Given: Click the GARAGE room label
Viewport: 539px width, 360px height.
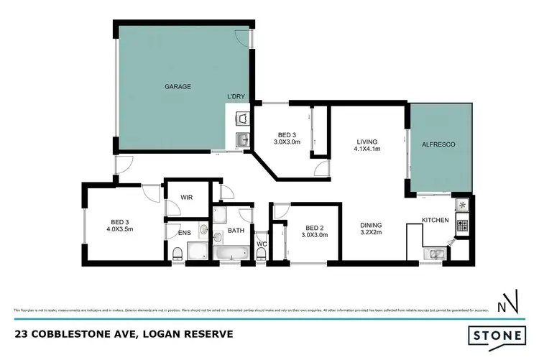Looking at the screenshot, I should click(178, 87).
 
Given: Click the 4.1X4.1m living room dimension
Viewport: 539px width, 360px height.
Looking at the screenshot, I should click(367, 149).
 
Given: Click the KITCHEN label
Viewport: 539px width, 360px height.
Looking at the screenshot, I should click(435, 219).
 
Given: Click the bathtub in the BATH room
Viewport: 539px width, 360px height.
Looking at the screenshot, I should click(229, 252).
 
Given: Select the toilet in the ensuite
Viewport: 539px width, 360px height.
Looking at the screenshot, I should click(177, 252).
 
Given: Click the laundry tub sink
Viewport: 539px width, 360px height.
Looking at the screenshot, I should click(242, 139).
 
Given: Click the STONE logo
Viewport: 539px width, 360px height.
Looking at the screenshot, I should click(496, 336).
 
